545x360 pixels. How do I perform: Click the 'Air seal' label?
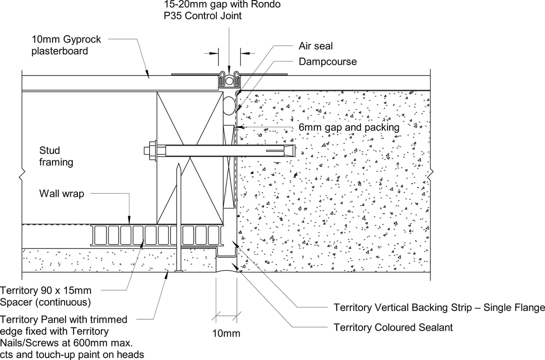tap(316, 46)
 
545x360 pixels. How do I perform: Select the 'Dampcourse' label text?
tap(327, 62)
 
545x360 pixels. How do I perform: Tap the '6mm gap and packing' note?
tap(349, 127)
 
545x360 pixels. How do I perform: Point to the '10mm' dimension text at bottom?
tap(226, 333)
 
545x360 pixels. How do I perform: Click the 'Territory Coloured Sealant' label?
tap(393, 327)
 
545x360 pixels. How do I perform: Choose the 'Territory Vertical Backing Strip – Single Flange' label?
tap(439, 307)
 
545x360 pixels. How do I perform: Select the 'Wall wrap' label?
tap(61, 193)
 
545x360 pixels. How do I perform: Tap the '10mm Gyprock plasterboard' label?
tap(66, 45)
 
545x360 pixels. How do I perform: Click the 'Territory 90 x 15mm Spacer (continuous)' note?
tap(46, 296)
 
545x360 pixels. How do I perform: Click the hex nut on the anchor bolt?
tap(152, 150)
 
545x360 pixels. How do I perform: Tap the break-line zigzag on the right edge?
tap(430, 176)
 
